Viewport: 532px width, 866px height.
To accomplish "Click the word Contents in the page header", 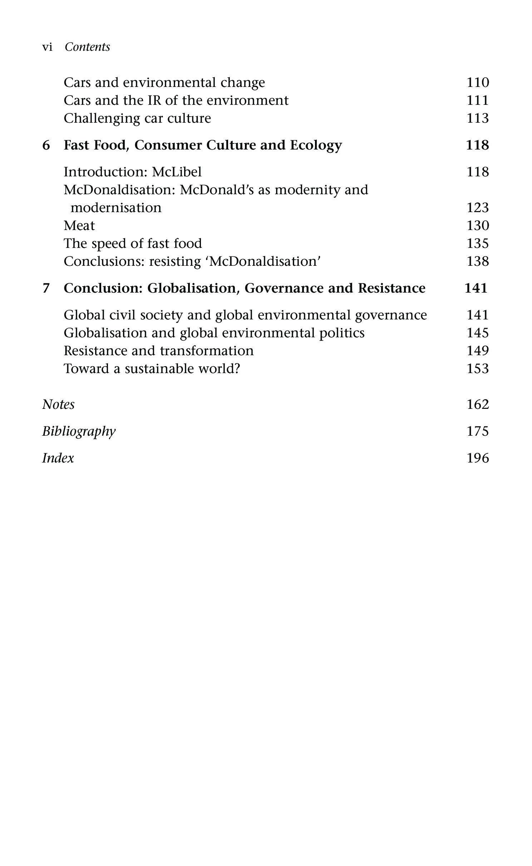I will [x=87, y=47].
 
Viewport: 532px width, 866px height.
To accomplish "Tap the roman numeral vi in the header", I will [x=47, y=47].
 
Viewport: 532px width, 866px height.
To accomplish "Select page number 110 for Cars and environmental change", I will [x=478, y=83].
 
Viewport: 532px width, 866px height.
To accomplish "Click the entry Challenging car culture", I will [x=137, y=118].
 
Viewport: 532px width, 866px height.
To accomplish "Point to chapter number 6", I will [x=46, y=145].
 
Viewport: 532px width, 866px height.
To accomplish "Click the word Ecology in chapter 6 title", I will [x=316, y=145].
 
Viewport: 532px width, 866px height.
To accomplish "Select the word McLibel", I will [x=177, y=172].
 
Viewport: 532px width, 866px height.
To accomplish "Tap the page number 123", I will [x=478, y=208].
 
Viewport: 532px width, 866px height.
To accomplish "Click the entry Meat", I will [x=79, y=226].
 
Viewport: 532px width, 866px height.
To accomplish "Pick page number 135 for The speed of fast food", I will [x=478, y=244].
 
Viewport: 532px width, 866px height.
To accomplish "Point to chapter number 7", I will [x=46, y=288].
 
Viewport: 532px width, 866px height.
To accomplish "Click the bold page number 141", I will [x=476, y=288].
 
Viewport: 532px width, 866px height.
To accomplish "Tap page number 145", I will [x=478, y=333].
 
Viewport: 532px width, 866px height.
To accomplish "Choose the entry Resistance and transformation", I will [x=158, y=351].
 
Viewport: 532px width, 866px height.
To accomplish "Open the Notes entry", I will [x=58, y=405].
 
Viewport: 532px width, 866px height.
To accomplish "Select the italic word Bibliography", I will [x=79, y=431].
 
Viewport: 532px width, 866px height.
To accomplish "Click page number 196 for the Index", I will [x=478, y=458].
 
